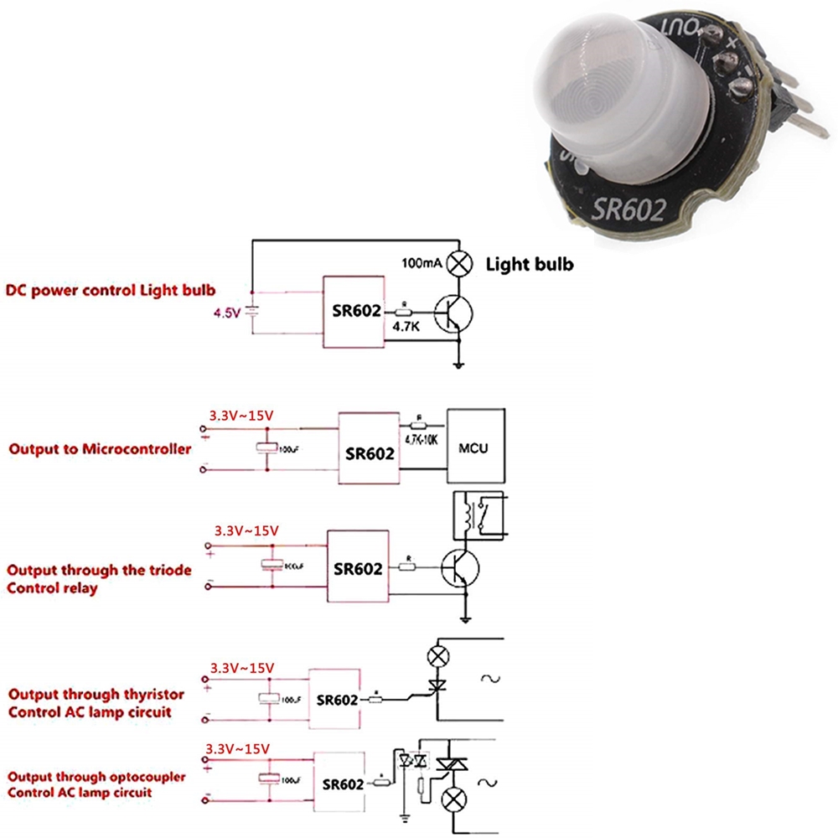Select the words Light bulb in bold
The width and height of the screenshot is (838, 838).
530,265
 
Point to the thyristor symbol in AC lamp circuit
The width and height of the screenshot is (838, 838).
434,685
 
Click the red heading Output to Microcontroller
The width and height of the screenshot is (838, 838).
100,449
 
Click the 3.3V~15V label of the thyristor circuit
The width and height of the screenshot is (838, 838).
242,668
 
